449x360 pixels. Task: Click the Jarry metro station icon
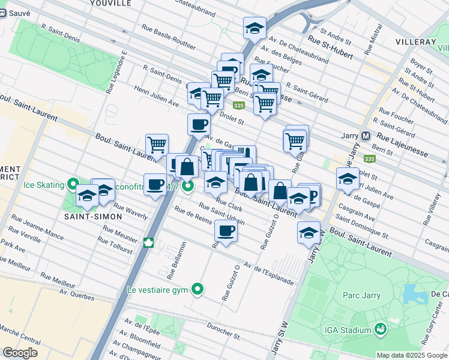tap(366, 136)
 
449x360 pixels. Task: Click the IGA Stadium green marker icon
tap(379, 329)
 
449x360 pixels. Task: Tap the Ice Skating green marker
tap(73, 184)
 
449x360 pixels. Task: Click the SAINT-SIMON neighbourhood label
tap(89, 215)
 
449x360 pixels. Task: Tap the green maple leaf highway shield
tap(148, 243)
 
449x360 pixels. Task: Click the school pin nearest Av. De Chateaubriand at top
tap(255, 28)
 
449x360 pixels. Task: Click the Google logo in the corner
tap(20, 353)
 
